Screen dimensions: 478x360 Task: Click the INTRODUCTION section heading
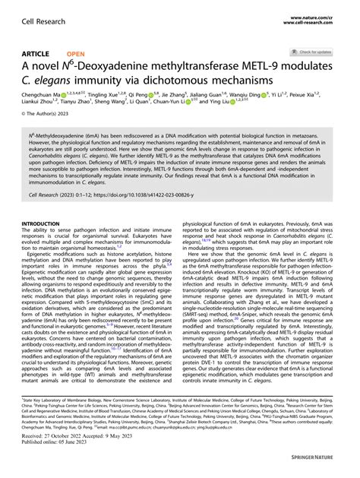(x=46, y=225)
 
